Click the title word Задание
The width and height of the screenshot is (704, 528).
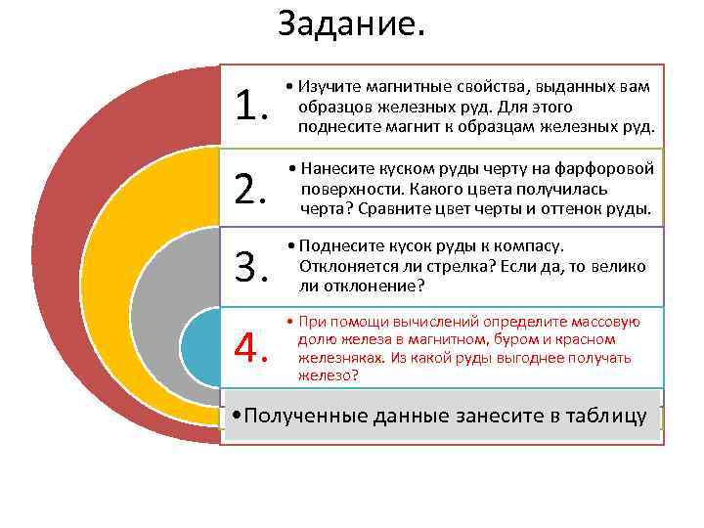point(352,23)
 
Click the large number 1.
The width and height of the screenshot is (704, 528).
point(251,105)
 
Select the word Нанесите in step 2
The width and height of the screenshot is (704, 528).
point(334,168)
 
